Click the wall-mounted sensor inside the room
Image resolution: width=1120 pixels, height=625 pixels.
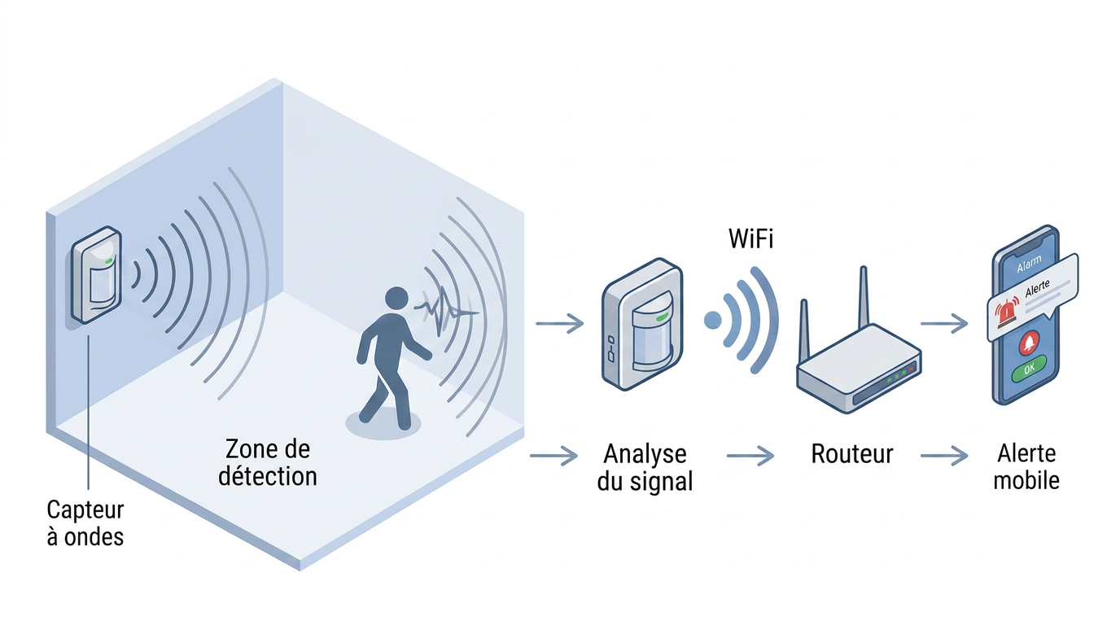pos(96,274)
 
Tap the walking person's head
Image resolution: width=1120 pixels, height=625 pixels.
pos(396,299)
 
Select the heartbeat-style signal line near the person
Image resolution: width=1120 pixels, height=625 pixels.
pos(445,312)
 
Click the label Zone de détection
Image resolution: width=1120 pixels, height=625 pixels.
pos(268,462)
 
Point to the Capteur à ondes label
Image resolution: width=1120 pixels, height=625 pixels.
pos(85,523)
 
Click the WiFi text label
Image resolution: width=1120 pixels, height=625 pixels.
pos(750,238)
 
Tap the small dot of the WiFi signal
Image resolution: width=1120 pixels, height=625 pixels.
pos(712,320)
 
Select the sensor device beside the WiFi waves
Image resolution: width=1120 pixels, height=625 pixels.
pos(642,324)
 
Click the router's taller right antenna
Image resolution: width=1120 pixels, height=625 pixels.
pos(863,298)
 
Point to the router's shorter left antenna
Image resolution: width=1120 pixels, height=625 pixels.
pos(804,330)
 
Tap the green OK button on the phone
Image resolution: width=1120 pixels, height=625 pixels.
pos(1029,369)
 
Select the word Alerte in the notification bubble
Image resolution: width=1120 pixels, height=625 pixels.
pos(1037,288)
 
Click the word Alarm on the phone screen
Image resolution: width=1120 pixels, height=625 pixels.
pos(1029,264)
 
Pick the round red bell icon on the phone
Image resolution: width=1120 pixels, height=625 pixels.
pos(1029,343)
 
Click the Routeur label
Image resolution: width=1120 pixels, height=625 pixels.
pos(851,454)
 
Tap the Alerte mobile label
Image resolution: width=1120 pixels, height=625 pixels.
pos(1026,467)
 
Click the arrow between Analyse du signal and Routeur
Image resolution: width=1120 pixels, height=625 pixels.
pos(750,456)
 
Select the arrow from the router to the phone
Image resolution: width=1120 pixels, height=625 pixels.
pos(944,324)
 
